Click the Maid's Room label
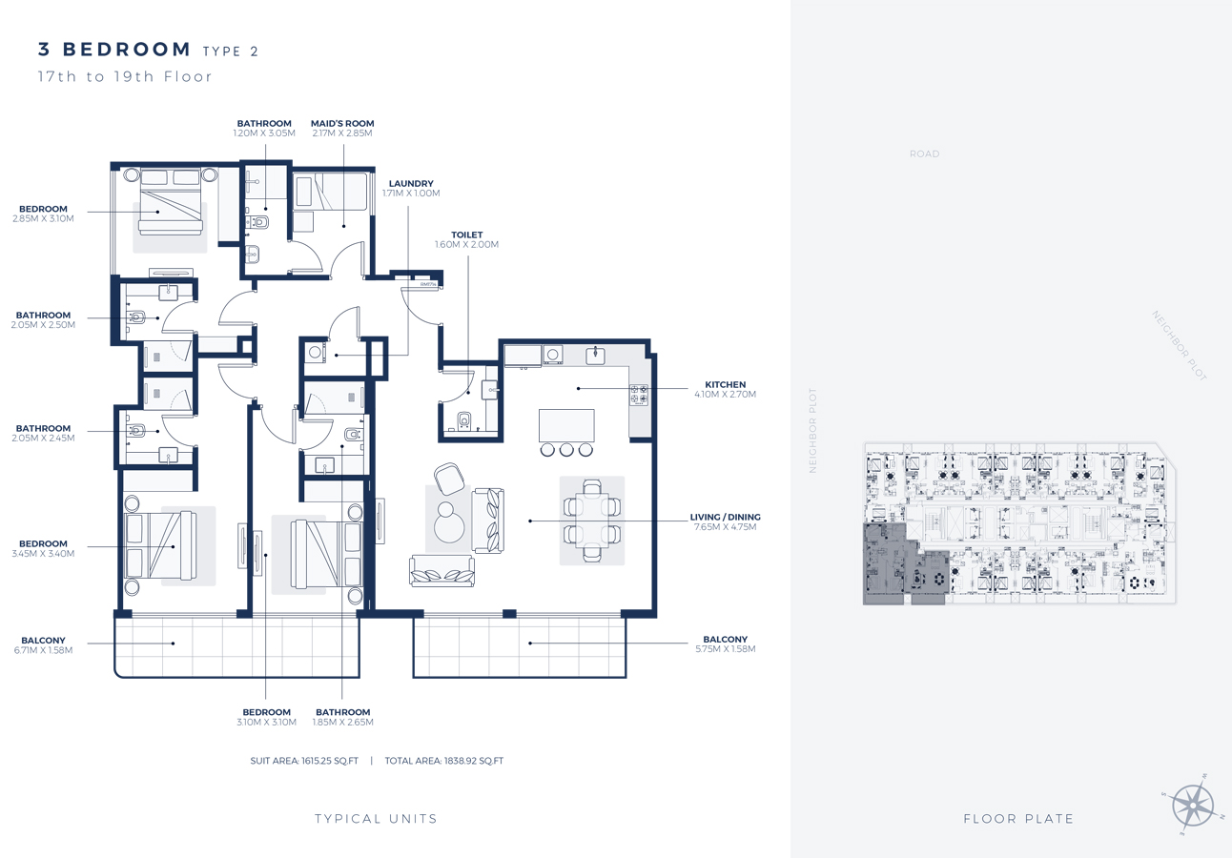tap(342, 124)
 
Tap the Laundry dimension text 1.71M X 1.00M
tap(411, 193)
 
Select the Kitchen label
tap(726, 384)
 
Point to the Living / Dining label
tap(726, 517)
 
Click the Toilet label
tap(467, 235)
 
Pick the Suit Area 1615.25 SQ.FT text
tap(304, 761)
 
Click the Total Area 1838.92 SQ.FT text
tap(443, 761)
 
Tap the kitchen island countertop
tap(566, 425)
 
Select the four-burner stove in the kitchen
tap(639, 395)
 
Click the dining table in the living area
tap(592, 521)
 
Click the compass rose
tap(1192, 806)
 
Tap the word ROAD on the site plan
tap(925, 154)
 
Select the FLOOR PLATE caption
tap(1018, 819)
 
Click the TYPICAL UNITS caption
tap(377, 819)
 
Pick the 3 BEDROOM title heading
tap(114, 50)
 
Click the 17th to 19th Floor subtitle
tap(125, 76)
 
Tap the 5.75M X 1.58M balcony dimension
tap(726, 649)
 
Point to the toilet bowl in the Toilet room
tap(464, 420)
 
